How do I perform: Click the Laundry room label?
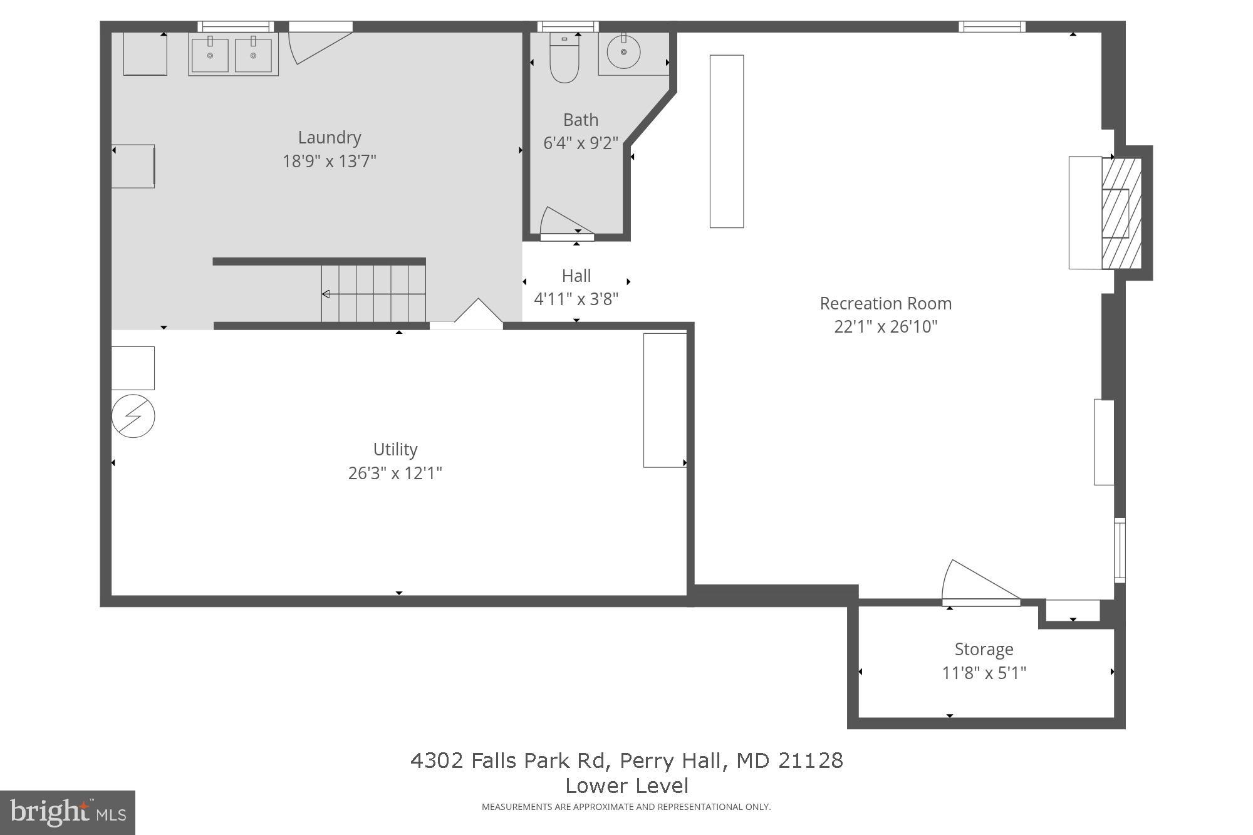point(329,137)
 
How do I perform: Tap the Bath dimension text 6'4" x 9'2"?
point(580,143)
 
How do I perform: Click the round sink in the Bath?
point(623,52)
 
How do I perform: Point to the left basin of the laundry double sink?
point(210,55)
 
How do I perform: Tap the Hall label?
point(576,276)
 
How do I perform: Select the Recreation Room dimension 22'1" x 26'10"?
point(885,327)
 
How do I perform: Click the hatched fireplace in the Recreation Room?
point(1121,213)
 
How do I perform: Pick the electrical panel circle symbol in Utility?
point(133,416)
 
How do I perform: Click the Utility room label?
point(395,449)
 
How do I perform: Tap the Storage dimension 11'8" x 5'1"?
point(984,673)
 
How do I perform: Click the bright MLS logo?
point(68,812)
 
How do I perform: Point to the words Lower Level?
point(626,786)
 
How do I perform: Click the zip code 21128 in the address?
point(811,760)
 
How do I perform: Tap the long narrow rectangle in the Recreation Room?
point(726,141)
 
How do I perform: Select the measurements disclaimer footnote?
point(626,807)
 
